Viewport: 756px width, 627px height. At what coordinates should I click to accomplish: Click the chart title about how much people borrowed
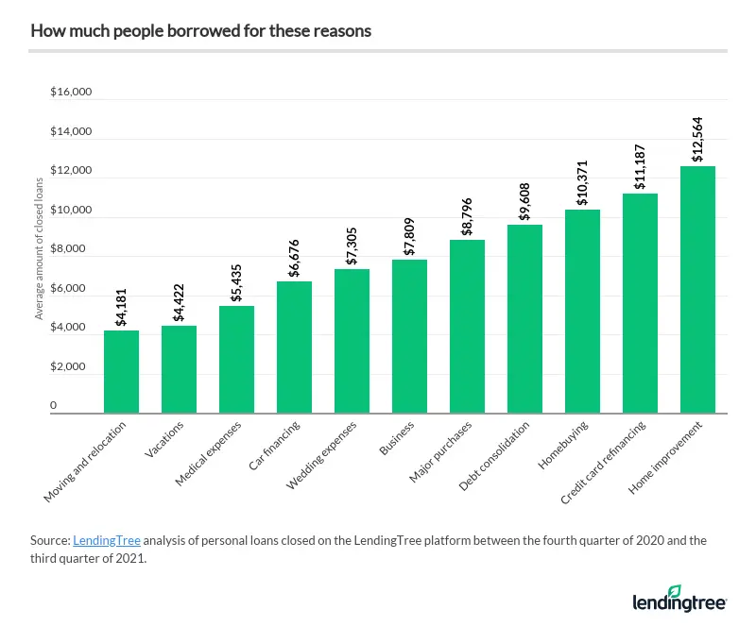[x=200, y=31]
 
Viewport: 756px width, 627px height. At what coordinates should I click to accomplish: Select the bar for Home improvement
[x=698, y=289]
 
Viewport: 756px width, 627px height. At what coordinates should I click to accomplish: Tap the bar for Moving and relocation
[x=121, y=371]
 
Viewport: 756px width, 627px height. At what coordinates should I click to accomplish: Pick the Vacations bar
[x=179, y=368]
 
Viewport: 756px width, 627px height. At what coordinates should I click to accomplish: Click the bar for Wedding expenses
[x=352, y=340]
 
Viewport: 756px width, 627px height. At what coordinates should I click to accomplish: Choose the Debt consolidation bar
[x=525, y=318]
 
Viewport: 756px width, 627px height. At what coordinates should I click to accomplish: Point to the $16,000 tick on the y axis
[x=71, y=93]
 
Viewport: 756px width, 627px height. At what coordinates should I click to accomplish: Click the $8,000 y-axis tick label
[x=71, y=249]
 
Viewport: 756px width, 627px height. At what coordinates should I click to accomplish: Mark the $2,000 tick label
[x=71, y=366]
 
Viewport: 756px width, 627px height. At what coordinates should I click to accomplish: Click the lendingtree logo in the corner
[x=680, y=600]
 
